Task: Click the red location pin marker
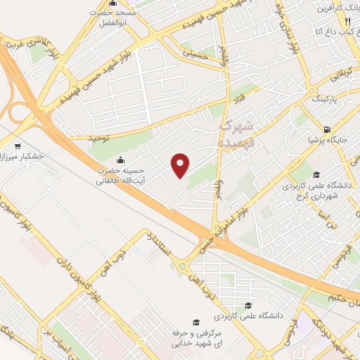(180, 165)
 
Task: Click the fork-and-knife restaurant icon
(347, 20)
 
